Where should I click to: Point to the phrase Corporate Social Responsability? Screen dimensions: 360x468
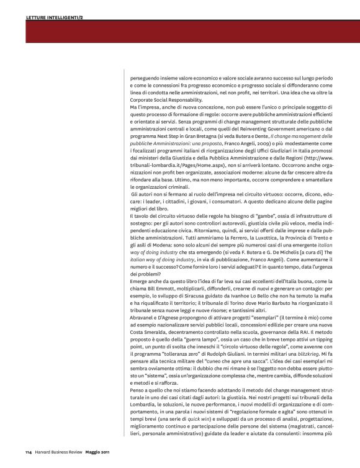[x=166, y=99]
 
